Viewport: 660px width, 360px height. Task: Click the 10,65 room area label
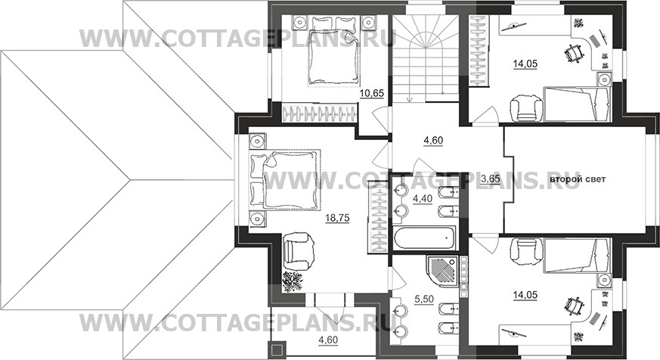[372, 93]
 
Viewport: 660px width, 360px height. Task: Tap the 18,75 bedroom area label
[338, 218]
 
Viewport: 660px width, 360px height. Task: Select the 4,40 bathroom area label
[423, 199]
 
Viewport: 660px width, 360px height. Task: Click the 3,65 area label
[491, 179]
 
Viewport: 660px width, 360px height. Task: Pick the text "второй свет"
[578, 179]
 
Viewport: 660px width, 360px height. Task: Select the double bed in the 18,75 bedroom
[285, 178]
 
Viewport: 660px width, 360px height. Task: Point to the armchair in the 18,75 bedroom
[299, 251]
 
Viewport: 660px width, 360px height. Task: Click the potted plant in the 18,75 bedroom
[292, 281]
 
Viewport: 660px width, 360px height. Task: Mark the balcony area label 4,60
[328, 340]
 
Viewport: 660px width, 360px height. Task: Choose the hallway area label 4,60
[433, 140]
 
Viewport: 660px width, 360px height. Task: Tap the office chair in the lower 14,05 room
[573, 306]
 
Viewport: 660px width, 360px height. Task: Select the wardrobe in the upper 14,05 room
[479, 51]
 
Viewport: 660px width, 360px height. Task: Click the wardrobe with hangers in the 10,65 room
[320, 114]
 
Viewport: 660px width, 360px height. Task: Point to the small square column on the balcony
[277, 350]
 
